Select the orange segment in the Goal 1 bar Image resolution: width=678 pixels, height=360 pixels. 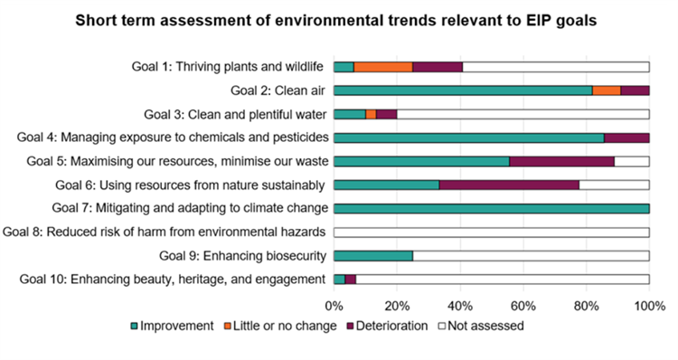tap(382, 67)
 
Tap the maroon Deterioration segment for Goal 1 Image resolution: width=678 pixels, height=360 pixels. tap(438, 67)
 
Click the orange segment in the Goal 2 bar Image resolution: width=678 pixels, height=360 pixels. tap(607, 90)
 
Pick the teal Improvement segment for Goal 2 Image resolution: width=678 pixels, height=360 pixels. tap(463, 90)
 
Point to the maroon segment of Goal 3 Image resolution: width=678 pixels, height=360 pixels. tap(386, 114)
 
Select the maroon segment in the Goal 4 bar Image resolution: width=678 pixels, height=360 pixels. tap(626, 137)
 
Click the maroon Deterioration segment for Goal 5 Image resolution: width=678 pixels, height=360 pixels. tap(561, 161)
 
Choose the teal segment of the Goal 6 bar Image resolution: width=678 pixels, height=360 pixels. tap(386, 185)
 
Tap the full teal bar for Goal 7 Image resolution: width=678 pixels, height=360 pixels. tap(492, 208)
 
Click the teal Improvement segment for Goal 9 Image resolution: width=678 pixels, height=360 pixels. tap(373, 255)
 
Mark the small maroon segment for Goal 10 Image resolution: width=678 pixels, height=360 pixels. tap(351, 279)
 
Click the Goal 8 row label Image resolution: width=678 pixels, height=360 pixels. tap(165, 232)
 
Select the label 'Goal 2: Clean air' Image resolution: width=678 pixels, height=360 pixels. tap(278, 90)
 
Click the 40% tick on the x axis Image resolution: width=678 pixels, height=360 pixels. tap(460, 305)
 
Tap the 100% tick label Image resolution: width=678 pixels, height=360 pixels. tap(648, 305)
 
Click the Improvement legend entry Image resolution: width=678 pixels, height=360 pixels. tap(174, 326)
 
